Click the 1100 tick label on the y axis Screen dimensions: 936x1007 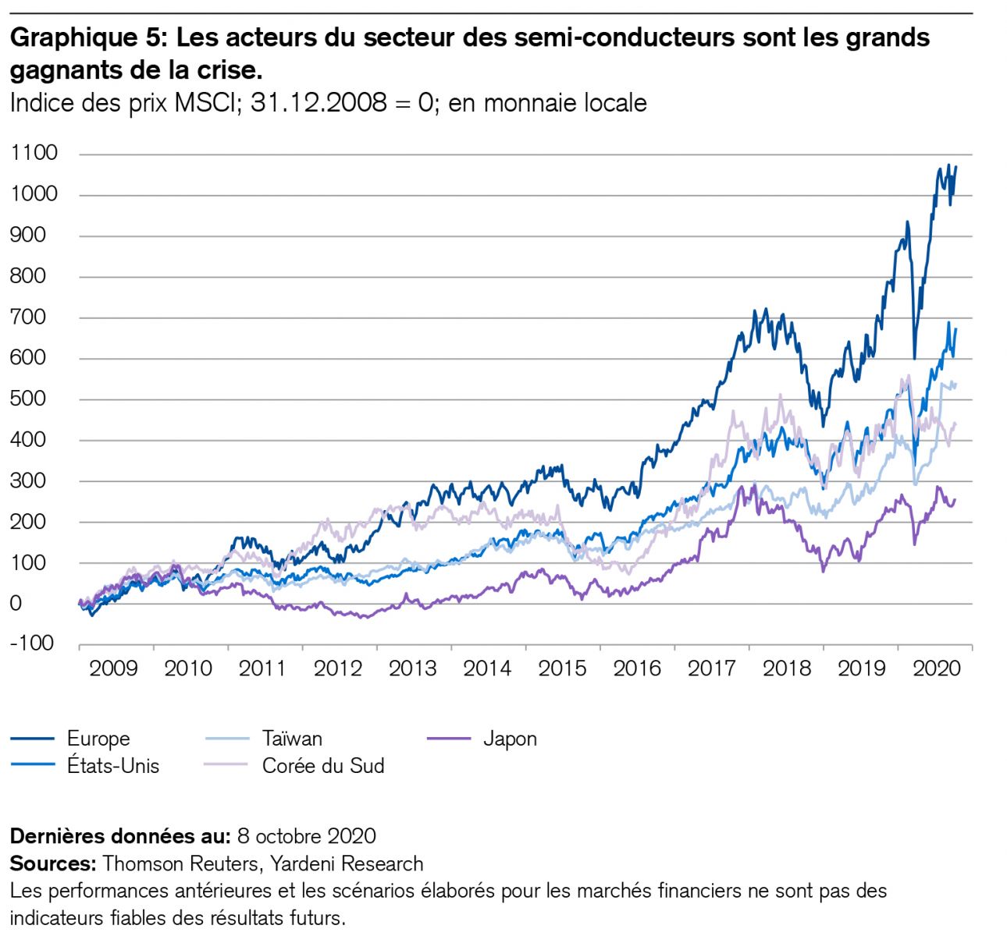(34, 153)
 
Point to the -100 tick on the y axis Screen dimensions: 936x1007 (32, 643)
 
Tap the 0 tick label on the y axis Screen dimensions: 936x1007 (16, 603)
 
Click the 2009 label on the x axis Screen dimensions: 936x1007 (113, 668)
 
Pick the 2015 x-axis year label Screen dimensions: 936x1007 (562, 668)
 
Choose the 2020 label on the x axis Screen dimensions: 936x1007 (936, 668)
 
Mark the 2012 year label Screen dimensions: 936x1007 (338, 668)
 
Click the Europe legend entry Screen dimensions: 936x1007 (98, 739)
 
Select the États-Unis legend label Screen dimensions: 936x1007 (113, 766)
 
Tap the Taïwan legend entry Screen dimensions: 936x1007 (292, 739)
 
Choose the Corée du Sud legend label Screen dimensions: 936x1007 (323, 766)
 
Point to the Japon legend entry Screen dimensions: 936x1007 (510, 739)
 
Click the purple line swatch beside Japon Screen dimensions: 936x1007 (450, 739)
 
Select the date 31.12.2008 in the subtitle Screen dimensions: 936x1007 (318, 103)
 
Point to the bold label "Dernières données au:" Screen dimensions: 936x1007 (120, 836)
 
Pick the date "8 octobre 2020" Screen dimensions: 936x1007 (306, 836)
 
